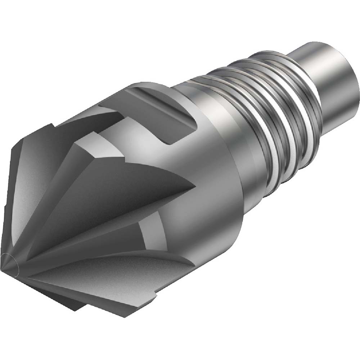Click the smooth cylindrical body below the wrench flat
tap(216, 202)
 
